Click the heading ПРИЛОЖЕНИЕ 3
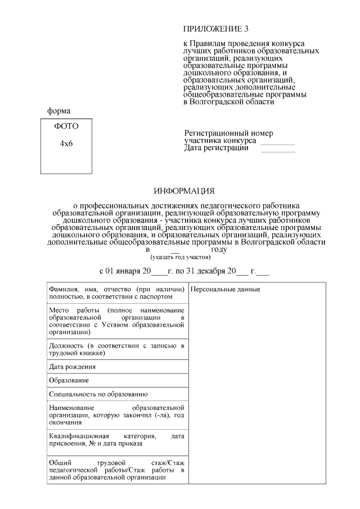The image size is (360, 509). click(x=215, y=29)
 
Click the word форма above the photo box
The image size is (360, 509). click(x=58, y=111)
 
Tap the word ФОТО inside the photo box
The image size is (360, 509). click(x=66, y=127)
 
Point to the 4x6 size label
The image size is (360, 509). click(x=66, y=143)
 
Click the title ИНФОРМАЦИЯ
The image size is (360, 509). click(x=184, y=192)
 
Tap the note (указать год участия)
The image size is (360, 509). click(x=180, y=256)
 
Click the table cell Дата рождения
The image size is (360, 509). click(x=72, y=366)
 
